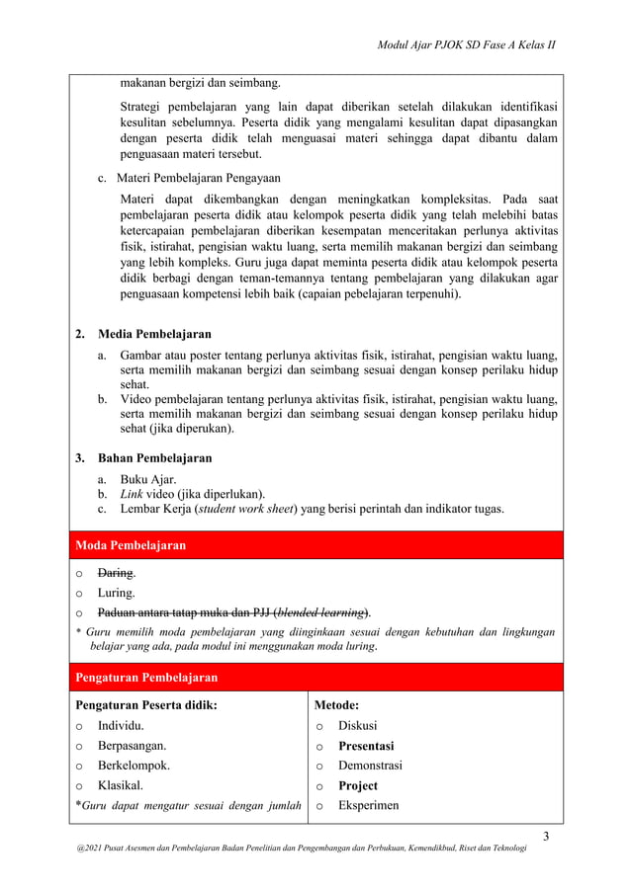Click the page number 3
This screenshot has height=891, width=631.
click(559, 839)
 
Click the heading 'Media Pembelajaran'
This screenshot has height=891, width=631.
click(153, 334)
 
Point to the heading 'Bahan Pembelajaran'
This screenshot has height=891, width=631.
click(153, 458)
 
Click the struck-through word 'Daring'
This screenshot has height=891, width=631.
click(116, 573)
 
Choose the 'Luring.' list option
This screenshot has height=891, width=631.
click(116, 593)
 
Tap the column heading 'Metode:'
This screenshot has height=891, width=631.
click(336, 705)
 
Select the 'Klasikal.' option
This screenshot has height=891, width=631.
click(124, 786)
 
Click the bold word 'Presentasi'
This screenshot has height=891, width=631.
click(366, 746)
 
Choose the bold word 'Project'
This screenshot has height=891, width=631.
click(358, 786)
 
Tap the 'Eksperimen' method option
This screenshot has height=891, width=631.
click(369, 806)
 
